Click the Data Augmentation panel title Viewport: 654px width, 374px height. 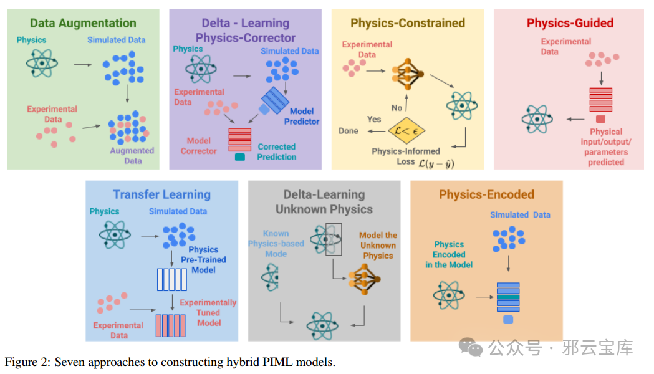point(83,23)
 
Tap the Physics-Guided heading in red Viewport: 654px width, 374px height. point(570,23)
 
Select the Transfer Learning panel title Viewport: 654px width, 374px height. point(162,194)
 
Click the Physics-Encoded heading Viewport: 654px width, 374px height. point(486,194)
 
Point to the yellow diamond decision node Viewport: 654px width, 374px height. point(406,130)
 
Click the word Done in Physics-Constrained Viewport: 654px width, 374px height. point(349,131)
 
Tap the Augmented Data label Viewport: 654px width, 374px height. point(132,155)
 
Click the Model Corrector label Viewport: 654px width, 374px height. point(198,146)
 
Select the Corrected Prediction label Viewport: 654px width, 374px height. point(277,151)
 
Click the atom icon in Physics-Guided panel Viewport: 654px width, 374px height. point(537,119)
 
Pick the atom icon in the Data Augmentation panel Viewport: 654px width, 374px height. point(42,64)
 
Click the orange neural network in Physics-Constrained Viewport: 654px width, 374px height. point(408,74)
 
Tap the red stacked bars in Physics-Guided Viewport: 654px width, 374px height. point(600,100)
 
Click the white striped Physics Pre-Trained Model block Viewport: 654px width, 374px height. point(172,280)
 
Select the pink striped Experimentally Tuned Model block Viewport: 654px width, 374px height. point(171,325)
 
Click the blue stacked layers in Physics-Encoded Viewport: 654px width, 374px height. point(508,297)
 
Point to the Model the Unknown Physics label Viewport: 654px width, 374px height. point(378,246)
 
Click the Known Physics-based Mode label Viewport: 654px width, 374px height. point(276,244)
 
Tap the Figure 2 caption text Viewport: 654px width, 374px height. point(170,362)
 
